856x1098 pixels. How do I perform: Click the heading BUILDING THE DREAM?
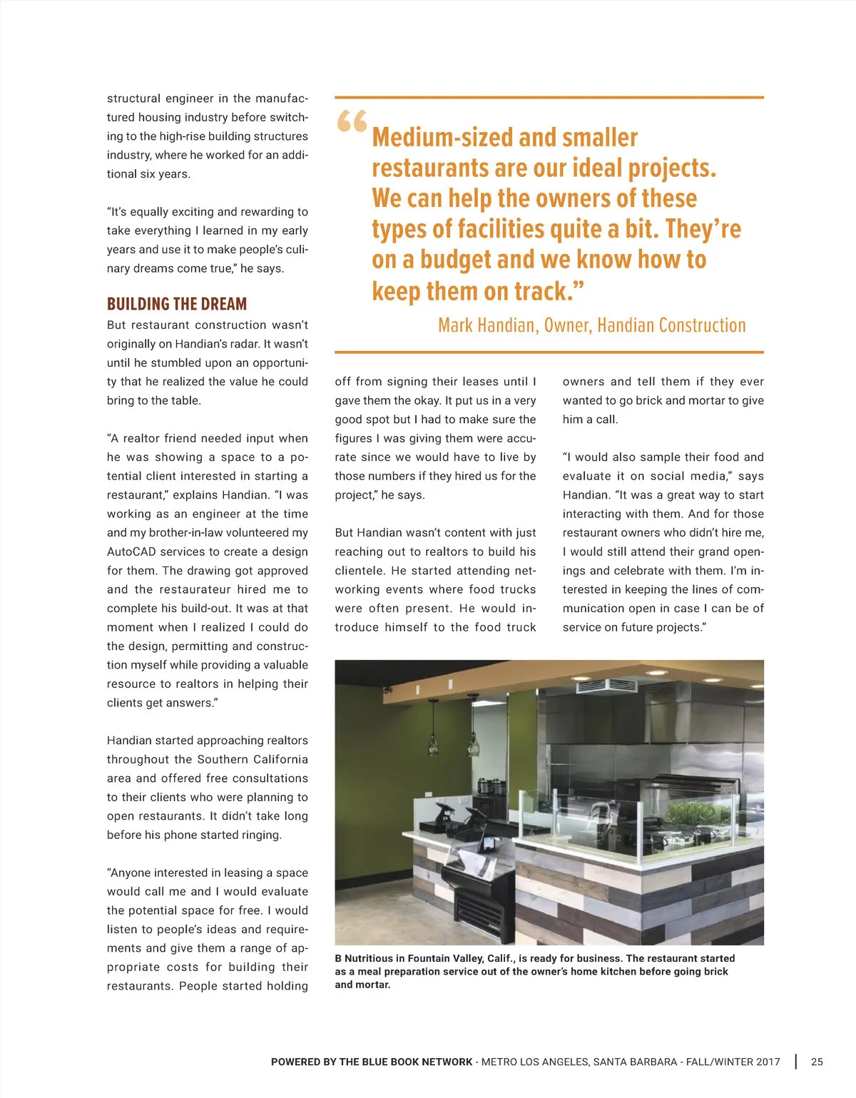pos(177,304)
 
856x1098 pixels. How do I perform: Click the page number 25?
pos(817,1062)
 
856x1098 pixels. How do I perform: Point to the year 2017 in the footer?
pos(768,1062)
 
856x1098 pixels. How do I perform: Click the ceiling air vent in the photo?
pos(607,686)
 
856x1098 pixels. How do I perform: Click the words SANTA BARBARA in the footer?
pos(635,1062)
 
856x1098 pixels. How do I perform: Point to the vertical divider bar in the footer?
pos(796,1062)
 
